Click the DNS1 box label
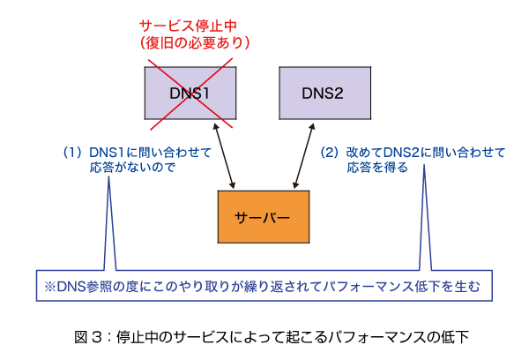coord(190,94)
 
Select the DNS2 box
coord(324,93)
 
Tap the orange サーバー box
coord(264,217)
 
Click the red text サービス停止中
coord(188,26)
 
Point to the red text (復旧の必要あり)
coord(195,42)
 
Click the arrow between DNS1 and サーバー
coord(224,155)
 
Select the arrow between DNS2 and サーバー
coord(304,155)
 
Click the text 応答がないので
coord(132,167)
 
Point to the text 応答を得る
coord(377,167)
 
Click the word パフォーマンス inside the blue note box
coord(369,287)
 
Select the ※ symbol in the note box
coord(50,287)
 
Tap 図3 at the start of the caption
coord(88,337)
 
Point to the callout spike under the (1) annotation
coord(109,223)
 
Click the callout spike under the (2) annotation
coord(425,217)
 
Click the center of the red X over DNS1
coord(191,94)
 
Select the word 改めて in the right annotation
coord(365,153)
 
